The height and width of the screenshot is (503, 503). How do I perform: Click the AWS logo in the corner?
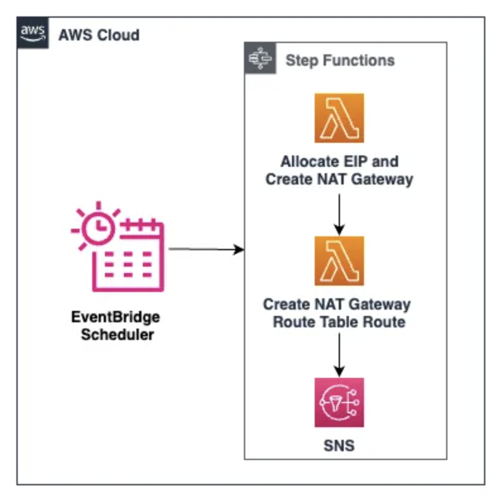(x=32, y=33)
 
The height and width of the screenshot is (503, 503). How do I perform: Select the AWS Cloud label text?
(x=99, y=34)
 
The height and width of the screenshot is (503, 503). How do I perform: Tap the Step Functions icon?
(x=260, y=59)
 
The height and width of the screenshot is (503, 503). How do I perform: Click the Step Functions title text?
(x=340, y=61)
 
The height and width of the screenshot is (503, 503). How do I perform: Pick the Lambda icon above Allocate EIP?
(x=339, y=118)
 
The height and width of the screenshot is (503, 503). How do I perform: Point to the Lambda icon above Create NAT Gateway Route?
(x=339, y=261)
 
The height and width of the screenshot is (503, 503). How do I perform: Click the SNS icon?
(x=339, y=403)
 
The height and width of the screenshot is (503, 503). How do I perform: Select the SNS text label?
(x=339, y=446)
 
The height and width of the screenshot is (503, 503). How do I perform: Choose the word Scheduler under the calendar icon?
(x=118, y=334)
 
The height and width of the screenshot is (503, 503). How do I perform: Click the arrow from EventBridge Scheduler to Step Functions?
(x=206, y=249)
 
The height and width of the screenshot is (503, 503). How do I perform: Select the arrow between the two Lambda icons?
(x=339, y=213)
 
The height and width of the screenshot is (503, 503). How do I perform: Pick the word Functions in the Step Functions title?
(x=363, y=61)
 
